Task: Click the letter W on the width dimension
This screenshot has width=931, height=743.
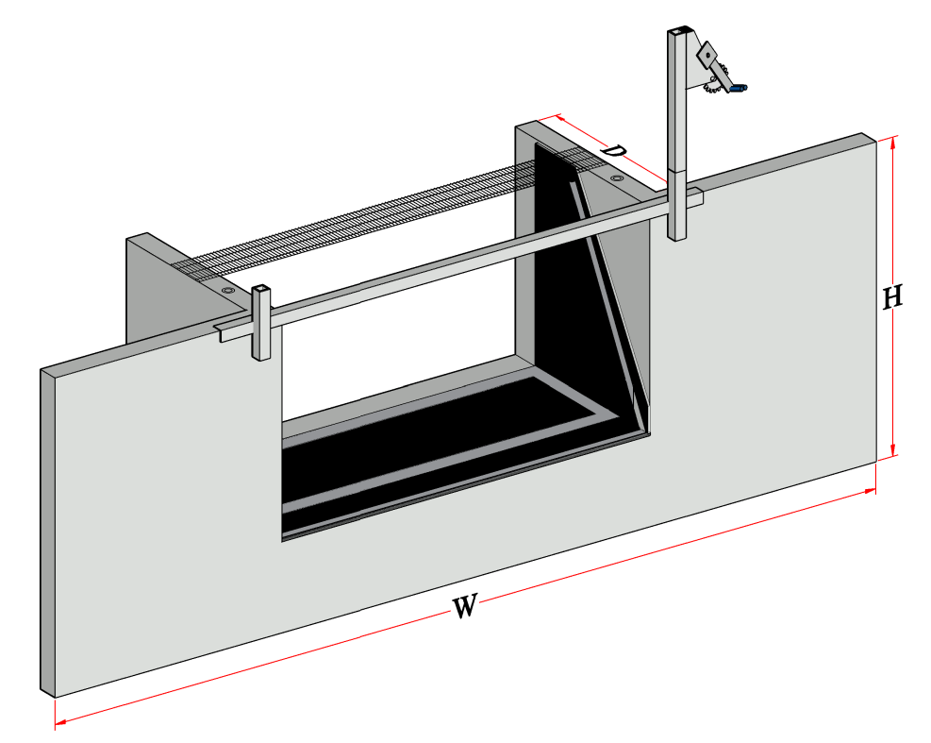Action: (464, 606)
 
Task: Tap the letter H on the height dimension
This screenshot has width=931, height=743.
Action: (892, 297)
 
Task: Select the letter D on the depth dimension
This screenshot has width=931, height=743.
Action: (613, 150)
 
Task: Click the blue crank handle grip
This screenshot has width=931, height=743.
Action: (739, 88)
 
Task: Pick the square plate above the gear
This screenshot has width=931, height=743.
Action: (707, 54)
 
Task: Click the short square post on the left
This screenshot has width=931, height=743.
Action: (260, 323)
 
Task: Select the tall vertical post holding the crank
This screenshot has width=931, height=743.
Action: (678, 134)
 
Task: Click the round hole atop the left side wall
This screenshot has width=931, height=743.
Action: (228, 290)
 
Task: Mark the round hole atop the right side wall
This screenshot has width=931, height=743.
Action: (617, 177)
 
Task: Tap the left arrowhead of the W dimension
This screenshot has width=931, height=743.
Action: (59, 723)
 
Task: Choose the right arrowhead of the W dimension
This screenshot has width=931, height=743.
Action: (871, 491)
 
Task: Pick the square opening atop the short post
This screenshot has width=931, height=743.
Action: (261, 290)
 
